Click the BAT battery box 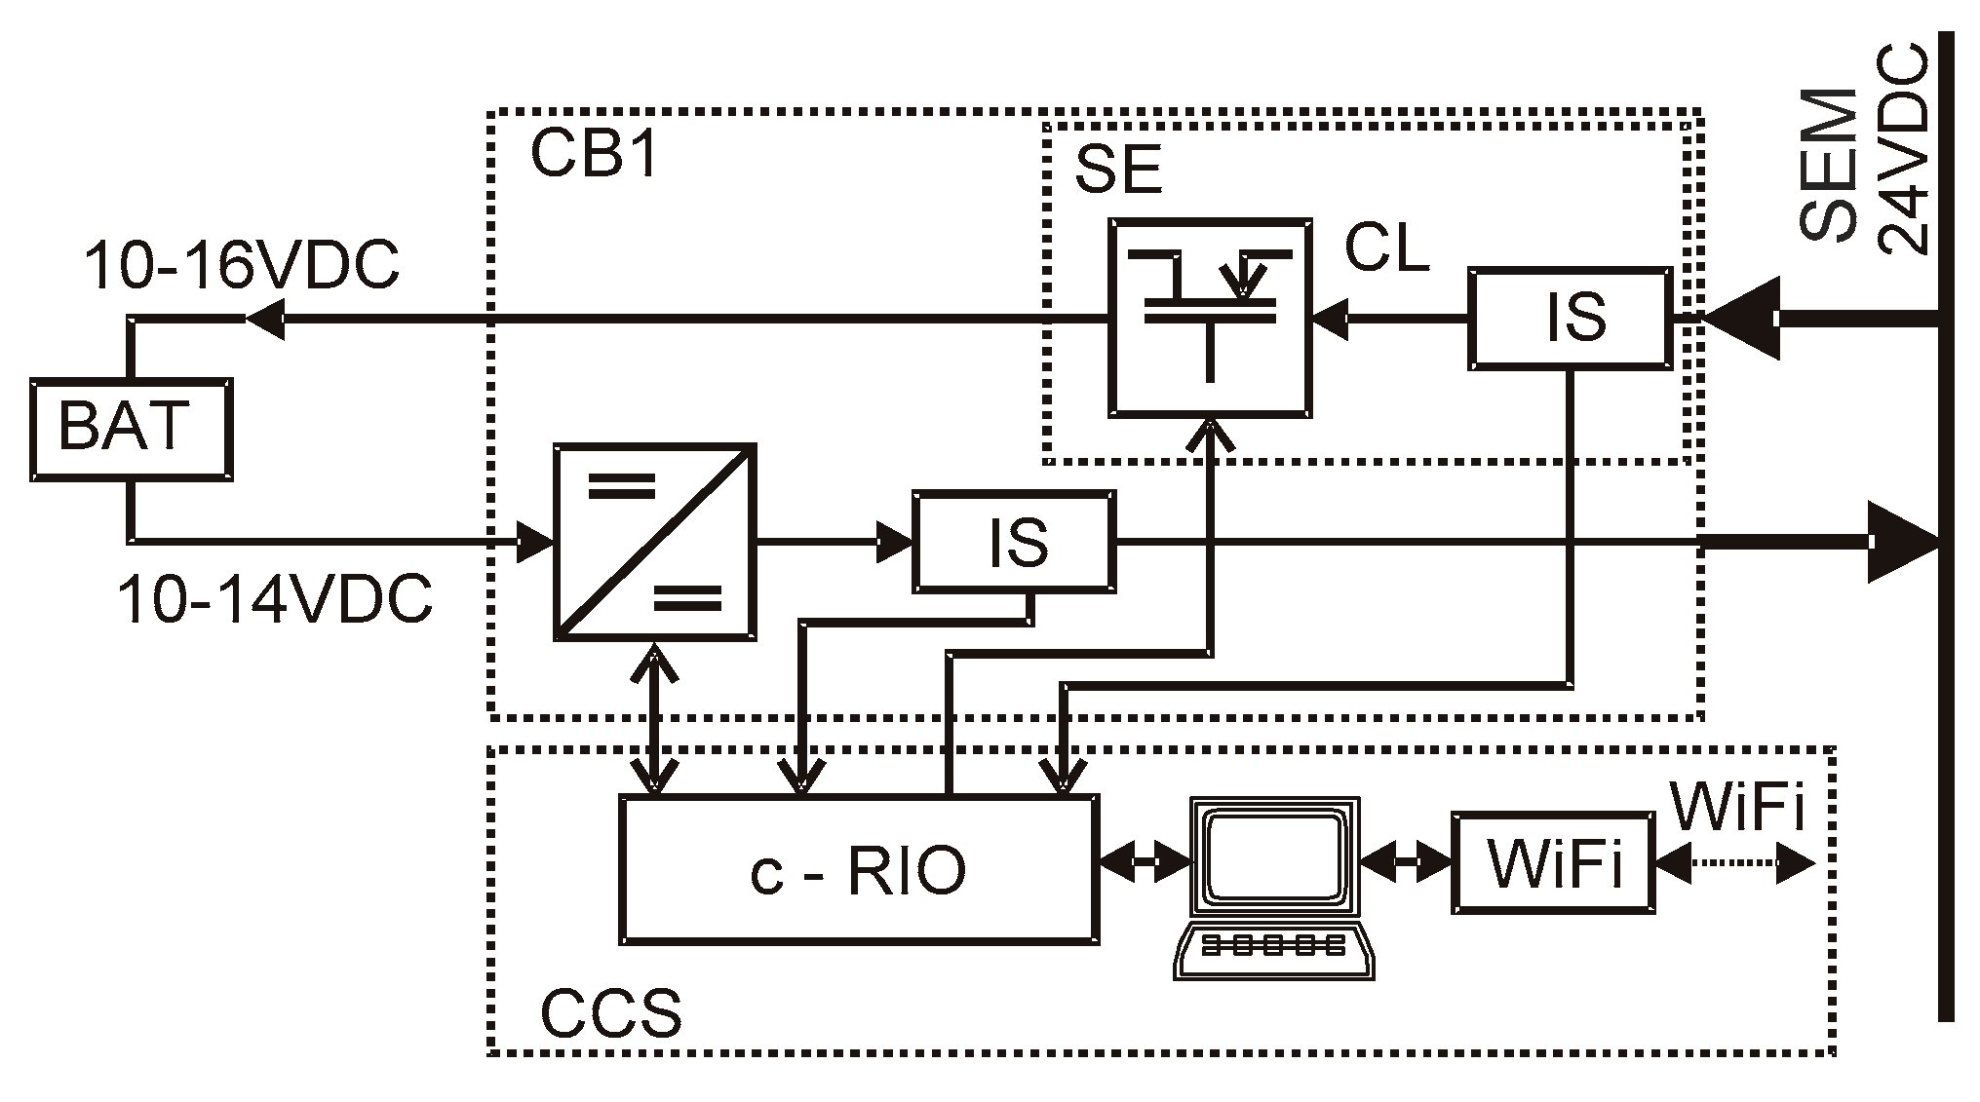point(130,430)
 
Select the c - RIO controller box point(859,870)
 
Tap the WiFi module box point(1554,862)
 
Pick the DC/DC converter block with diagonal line point(655,542)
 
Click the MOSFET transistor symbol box point(1209,318)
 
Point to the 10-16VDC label point(241,265)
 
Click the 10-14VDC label point(274,598)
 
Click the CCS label point(610,1013)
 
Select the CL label point(1385,248)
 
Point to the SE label point(1117,171)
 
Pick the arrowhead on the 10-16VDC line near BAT point(265,318)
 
